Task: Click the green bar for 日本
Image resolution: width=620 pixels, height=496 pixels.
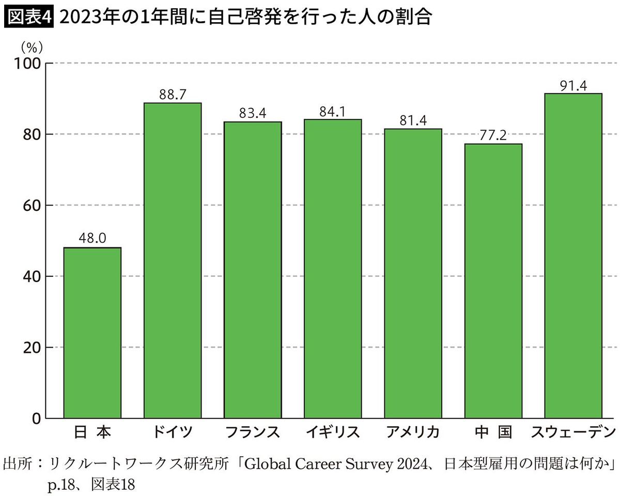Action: click(x=92, y=333)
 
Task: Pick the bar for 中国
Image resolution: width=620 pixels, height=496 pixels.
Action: click(x=493, y=281)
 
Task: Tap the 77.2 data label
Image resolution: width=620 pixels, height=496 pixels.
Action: click(x=493, y=136)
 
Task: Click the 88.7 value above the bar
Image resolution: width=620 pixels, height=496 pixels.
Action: click(x=172, y=95)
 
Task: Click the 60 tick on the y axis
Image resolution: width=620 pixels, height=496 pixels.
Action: click(x=32, y=206)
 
